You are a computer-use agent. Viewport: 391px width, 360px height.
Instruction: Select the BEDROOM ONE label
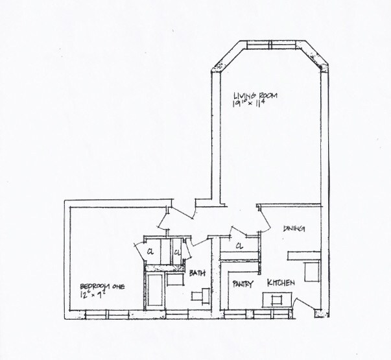[x=102, y=286]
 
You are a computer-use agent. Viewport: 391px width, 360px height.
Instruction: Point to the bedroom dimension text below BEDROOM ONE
[x=94, y=295]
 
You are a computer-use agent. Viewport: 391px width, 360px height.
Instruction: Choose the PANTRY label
[x=243, y=284]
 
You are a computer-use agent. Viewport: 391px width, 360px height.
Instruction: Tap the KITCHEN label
[x=282, y=283]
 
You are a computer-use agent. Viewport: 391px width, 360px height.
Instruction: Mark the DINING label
[x=294, y=229]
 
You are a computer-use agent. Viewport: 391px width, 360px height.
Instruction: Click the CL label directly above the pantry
[x=239, y=246]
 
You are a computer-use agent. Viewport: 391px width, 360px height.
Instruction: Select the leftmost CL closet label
[x=149, y=252]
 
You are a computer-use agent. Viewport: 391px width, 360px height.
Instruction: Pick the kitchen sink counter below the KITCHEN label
[x=276, y=300]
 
